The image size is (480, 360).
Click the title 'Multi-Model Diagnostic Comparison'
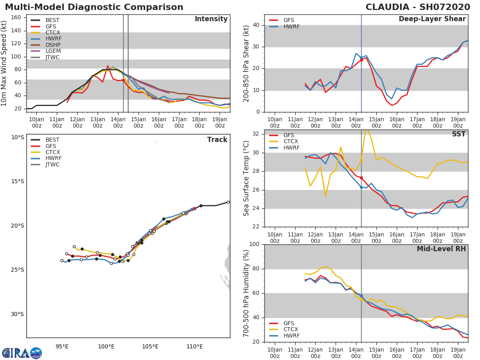[94, 7]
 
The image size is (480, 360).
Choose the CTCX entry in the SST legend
[291, 142]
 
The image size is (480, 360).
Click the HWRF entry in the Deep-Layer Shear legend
[291, 26]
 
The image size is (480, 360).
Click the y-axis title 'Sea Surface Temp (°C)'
[246, 178]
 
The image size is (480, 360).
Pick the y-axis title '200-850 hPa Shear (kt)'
[246, 63]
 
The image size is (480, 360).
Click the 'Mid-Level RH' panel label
[441, 249]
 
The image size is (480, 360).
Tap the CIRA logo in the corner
[22, 353]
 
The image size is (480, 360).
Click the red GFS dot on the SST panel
[361, 178]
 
